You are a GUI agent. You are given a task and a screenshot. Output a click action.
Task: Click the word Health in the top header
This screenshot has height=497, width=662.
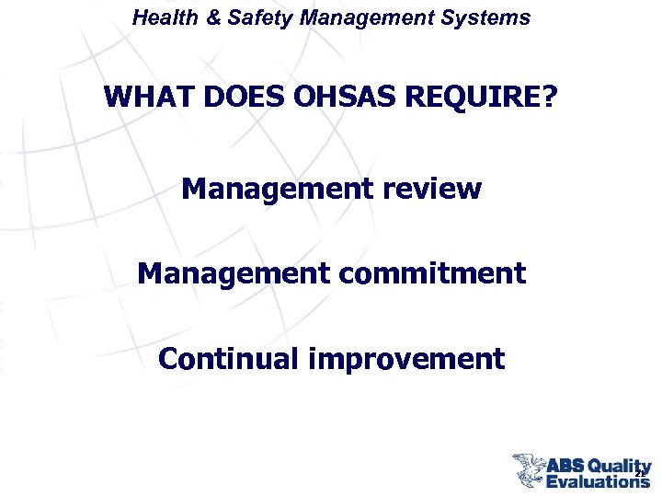[157, 17]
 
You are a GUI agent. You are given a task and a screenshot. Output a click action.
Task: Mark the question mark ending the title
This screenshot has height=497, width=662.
[550, 96]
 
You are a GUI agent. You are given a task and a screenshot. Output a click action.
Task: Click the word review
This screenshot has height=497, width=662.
[431, 189]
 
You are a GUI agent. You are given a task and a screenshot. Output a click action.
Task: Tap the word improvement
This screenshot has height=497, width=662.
[406, 358]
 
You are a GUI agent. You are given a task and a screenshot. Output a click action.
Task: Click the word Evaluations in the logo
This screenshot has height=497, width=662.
[598, 480]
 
